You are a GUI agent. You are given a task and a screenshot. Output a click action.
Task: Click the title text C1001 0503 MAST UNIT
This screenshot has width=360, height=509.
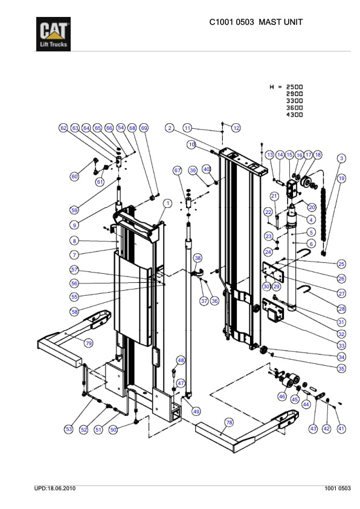pos(256,22)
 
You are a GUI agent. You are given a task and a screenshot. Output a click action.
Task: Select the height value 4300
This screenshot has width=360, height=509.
pos(294,115)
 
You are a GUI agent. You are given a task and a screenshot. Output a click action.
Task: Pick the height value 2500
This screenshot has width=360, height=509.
pos(294,87)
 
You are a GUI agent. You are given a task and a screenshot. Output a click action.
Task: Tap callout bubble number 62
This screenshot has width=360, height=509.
pos(63,128)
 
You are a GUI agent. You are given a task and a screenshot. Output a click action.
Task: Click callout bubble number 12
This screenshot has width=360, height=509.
pos(237,128)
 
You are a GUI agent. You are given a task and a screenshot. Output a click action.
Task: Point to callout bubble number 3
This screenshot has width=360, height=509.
pos(341,158)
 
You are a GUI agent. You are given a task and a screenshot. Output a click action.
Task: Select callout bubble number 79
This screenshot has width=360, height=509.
pos(89,343)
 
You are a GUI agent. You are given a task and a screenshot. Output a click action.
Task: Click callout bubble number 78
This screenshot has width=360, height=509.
pos(229,422)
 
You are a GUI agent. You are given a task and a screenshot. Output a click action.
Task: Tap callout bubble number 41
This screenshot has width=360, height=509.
pos(341,429)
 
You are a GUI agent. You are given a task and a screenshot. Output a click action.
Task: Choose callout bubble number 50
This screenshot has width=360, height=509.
pos(112,429)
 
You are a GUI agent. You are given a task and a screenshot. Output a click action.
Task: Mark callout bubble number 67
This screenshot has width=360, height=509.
pos(178,170)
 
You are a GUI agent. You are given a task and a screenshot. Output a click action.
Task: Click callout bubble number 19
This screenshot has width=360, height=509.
pos(341,178)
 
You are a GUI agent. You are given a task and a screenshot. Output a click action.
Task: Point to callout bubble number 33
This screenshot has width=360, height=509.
pos(341,345)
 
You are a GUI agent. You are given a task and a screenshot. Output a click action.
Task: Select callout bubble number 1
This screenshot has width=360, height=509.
pos(167,203)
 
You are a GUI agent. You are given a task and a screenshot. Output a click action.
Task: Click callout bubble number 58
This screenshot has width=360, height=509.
pos(74,312)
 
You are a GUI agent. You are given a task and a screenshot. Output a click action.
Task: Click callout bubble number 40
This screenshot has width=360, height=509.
pos(206,169)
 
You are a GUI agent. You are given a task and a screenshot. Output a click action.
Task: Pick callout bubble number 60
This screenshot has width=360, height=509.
pos(74,177)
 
